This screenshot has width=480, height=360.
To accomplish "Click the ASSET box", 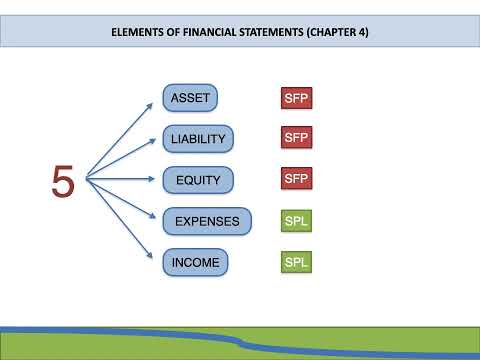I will click(x=190, y=97).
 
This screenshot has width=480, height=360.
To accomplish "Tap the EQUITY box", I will click(x=198, y=180).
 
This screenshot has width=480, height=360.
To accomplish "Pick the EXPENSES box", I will click(x=206, y=221).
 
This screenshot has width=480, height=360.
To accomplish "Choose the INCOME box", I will click(x=194, y=262).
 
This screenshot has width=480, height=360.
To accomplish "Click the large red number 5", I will click(x=63, y=181).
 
